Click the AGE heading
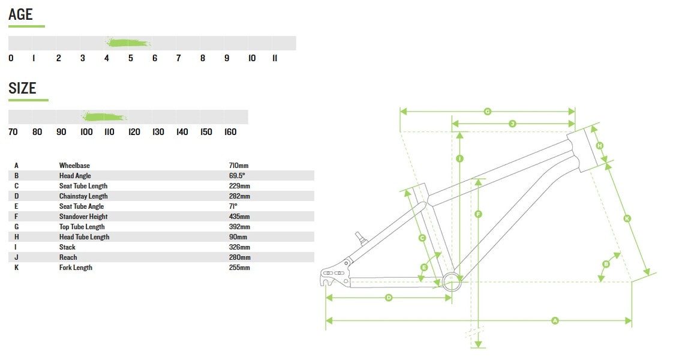(20, 14)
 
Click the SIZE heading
(22, 88)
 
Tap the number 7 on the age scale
(179, 58)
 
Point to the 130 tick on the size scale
(158, 132)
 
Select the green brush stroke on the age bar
(128, 43)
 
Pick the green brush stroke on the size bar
(104, 116)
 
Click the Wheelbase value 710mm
(239, 166)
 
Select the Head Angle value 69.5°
(237, 176)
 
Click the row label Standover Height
(83, 217)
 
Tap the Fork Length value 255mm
(239, 268)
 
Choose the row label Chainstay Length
(83, 196)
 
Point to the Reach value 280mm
(239, 257)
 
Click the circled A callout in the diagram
(555, 321)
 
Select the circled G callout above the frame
(488, 111)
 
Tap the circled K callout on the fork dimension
(627, 219)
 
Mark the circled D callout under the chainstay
(388, 298)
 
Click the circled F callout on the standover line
(478, 214)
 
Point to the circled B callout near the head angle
(606, 264)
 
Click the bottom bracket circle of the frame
(453, 279)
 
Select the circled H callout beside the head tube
(599, 145)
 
